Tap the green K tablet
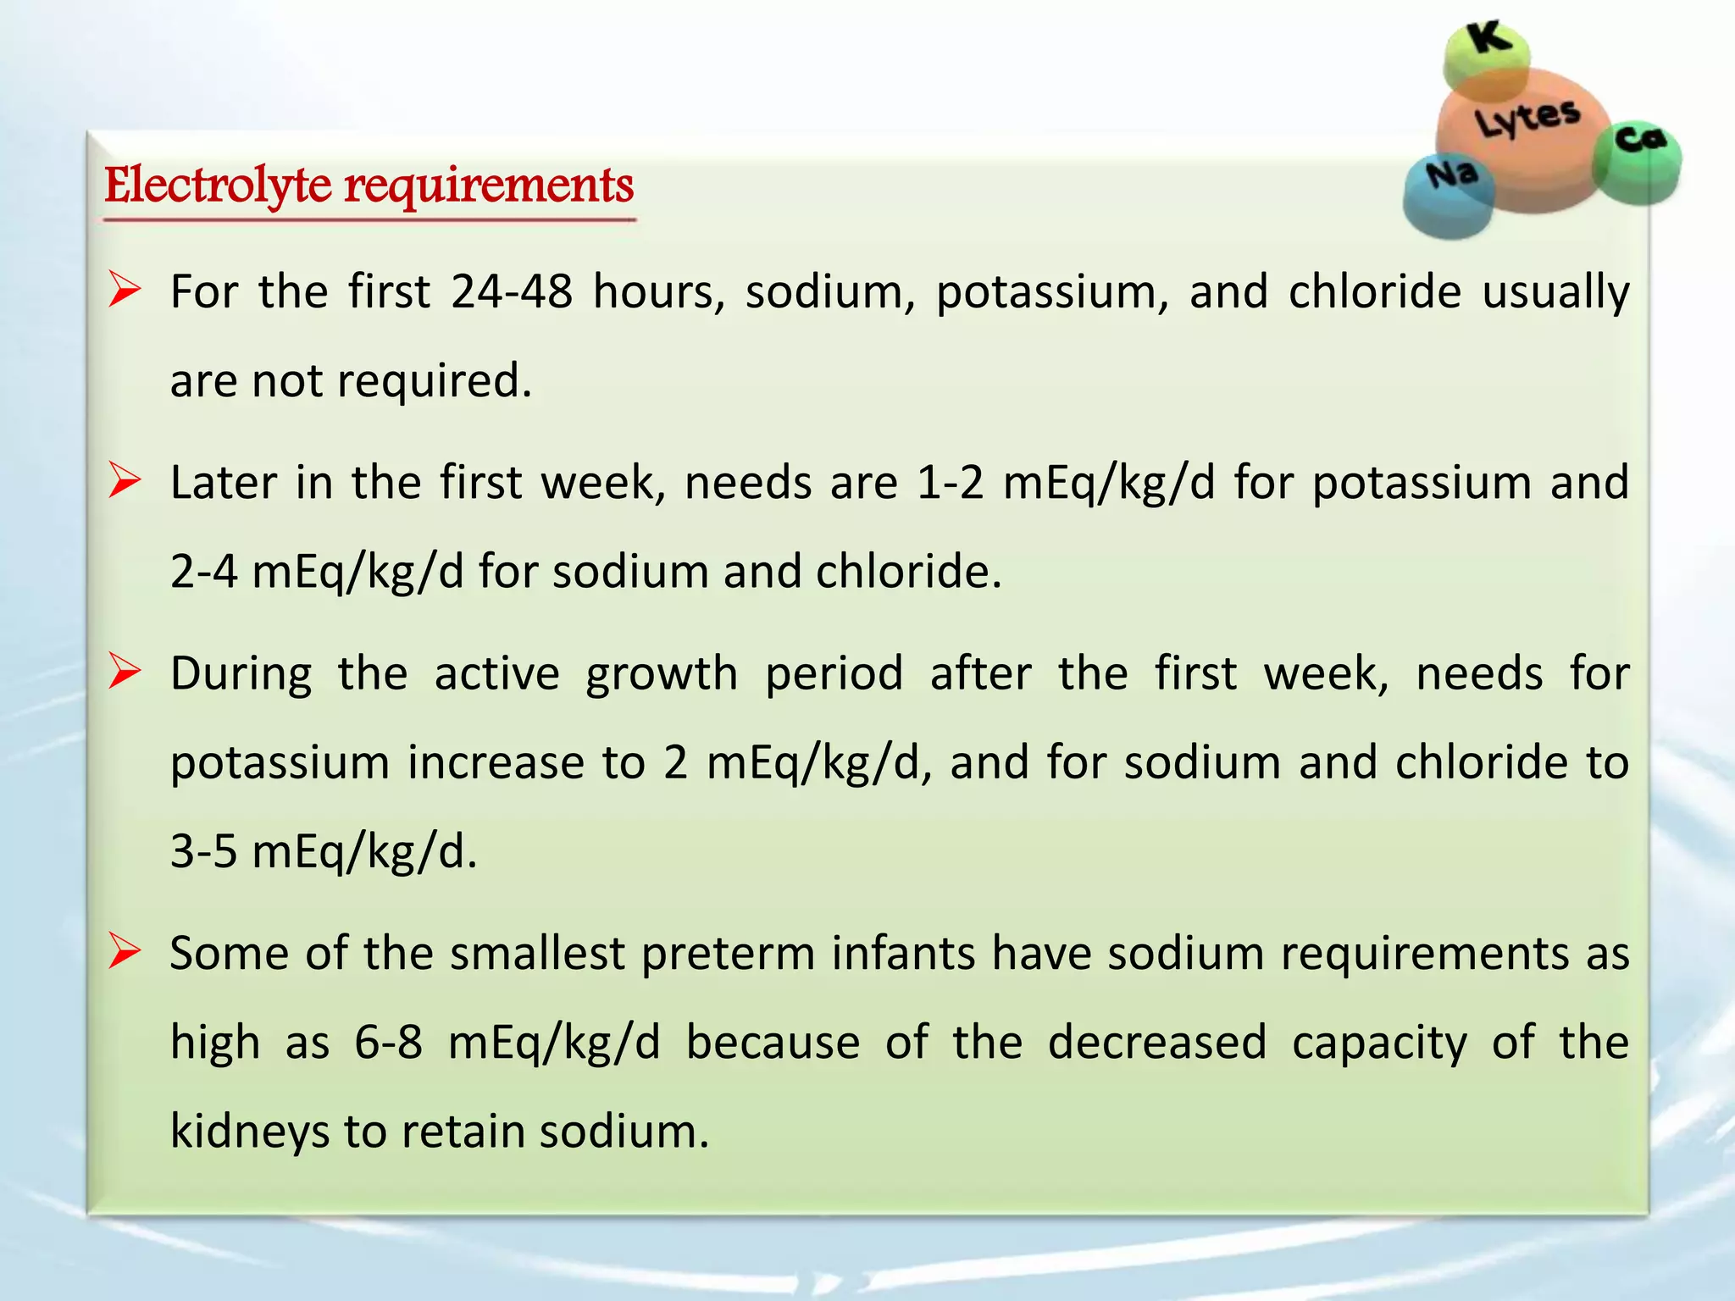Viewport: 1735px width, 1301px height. point(1487,56)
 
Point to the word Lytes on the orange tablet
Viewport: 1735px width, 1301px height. point(1527,119)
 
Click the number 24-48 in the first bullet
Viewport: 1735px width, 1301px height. point(512,292)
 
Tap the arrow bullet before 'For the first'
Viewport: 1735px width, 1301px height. point(124,292)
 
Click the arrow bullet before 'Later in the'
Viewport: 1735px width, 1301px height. point(124,483)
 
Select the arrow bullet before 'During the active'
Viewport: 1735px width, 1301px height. point(124,673)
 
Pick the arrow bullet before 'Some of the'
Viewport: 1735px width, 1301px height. point(124,954)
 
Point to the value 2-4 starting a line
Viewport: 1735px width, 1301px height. point(203,572)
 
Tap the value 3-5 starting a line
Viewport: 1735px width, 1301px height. point(203,851)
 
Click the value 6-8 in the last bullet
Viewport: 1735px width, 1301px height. point(388,1043)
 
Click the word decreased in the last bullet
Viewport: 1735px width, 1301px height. point(1156,1043)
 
